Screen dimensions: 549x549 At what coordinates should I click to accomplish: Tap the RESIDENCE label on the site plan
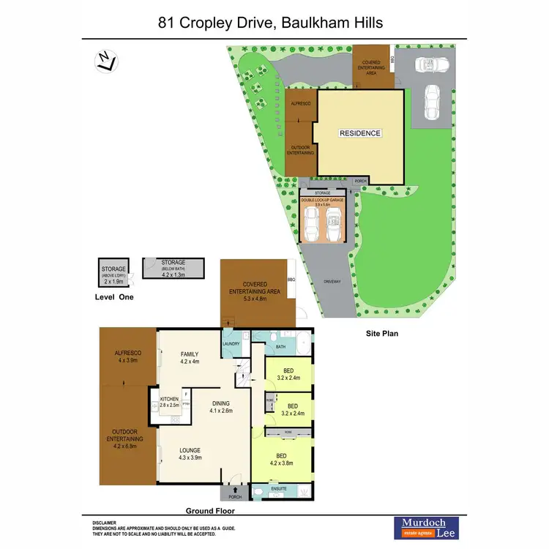tap(359, 133)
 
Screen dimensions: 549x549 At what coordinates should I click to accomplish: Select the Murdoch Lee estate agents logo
tap(423, 527)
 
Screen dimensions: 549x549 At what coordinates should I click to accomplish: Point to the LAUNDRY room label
tap(231, 343)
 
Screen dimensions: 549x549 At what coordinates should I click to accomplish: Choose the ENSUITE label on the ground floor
tap(279, 488)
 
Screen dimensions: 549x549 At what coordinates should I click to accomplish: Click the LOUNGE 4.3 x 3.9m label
tap(190, 454)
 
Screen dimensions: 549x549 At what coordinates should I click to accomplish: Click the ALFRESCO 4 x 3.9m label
tap(127, 356)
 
